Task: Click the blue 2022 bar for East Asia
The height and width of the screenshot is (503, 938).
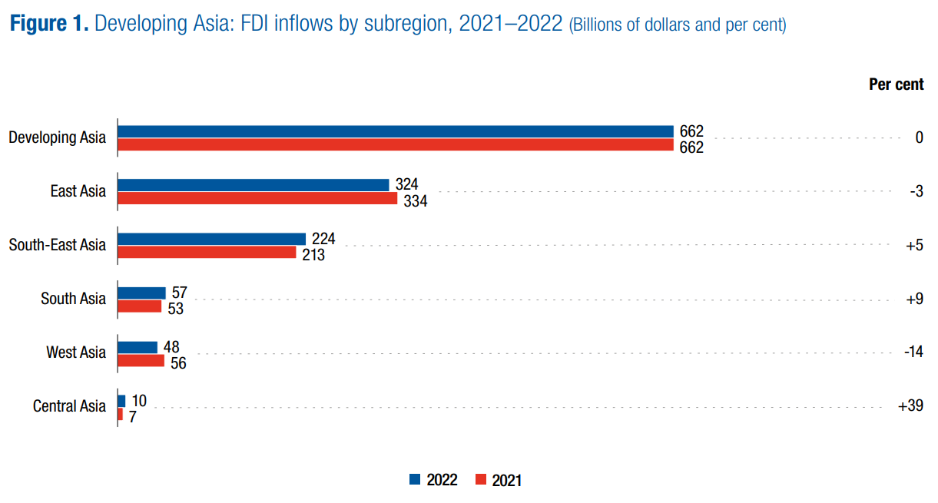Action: (254, 185)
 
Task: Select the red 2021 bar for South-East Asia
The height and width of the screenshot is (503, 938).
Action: (207, 253)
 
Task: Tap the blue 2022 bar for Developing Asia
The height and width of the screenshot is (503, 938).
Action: (395, 131)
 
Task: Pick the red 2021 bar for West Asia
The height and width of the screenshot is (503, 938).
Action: (141, 361)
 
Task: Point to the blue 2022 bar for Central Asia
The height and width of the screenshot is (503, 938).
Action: (121, 401)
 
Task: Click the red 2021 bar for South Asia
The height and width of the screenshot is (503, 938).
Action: (139, 306)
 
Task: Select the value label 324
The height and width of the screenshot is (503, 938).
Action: (406, 185)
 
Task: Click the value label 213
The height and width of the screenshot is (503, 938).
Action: (313, 255)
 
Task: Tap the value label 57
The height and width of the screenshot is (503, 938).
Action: (180, 293)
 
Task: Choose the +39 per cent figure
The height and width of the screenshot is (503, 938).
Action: (910, 406)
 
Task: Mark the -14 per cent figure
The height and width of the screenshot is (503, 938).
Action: (913, 352)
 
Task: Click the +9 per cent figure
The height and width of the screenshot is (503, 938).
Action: (915, 299)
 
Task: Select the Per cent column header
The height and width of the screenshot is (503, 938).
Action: (896, 84)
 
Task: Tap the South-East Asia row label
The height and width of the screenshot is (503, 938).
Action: (58, 245)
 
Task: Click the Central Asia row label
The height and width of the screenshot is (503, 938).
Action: (69, 406)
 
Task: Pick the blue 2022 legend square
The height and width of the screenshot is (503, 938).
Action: (416, 480)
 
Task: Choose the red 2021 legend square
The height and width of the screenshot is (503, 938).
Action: (482, 480)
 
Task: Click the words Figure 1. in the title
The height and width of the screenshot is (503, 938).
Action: (50, 23)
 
